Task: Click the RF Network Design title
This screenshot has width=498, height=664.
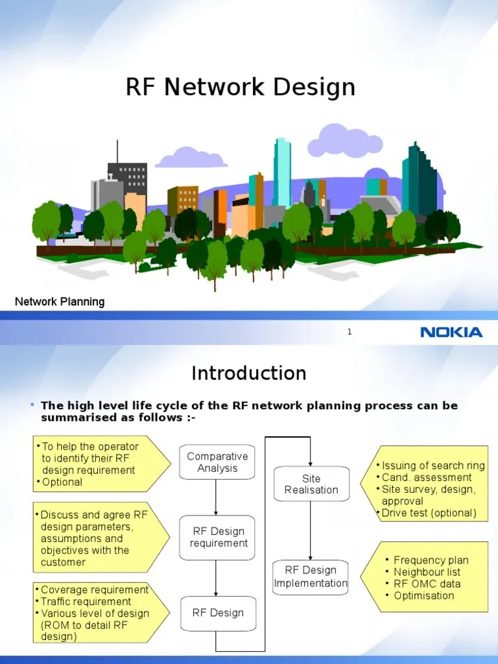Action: coord(241,88)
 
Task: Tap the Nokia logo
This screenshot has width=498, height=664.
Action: coord(451,333)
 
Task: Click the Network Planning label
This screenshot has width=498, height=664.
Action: coord(60,302)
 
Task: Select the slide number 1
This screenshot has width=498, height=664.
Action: coord(350,332)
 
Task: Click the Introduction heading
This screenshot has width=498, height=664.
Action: coord(249,373)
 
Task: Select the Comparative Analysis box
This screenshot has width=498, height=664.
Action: coord(217,462)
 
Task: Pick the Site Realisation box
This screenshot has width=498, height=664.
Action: coord(311,484)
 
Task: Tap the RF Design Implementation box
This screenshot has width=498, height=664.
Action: coord(311,576)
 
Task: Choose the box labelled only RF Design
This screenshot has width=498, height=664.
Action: coord(218,613)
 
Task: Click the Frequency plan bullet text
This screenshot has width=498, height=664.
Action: coord(431,560)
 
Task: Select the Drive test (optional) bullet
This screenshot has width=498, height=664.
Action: coord(429,513)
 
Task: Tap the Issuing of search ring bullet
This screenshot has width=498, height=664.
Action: coord(433,466)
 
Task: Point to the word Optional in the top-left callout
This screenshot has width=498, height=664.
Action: coord(62,482)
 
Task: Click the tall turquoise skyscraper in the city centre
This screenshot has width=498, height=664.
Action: coord(282,172)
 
